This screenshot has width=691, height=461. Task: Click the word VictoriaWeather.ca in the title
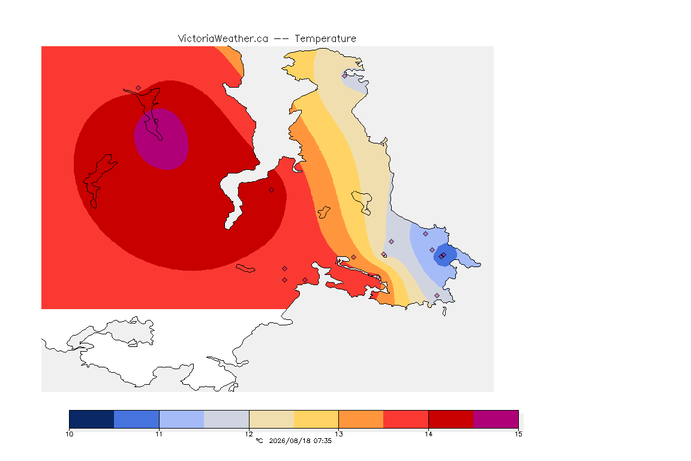click(x=223, y=39)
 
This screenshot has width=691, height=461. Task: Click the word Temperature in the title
click(x=325, y=39)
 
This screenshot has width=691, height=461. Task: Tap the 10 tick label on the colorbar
click(x=69, y=434)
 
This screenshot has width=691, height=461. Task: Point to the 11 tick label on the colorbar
click(x=159, y=434)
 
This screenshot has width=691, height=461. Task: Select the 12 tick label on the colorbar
click(x=249, y=434)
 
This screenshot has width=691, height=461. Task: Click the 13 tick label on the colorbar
click(x=338, y=434)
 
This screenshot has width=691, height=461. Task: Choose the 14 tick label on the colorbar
click(x=428, y=434)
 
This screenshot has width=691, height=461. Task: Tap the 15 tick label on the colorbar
click(x=518, y=434)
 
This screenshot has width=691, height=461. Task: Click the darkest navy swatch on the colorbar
click(x=92, y=419)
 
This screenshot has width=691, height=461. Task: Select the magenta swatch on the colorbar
click(x=496, y=419)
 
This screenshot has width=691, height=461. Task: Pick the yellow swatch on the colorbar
click(x=316, y=419)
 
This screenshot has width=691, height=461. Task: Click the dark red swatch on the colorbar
click(x=451, y=419)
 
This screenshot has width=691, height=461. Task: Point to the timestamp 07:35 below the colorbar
click(x=323, y=441)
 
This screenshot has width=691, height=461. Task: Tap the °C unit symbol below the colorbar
click(x=259, y=441)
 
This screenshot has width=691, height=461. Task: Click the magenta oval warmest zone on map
click(x=162, y=139)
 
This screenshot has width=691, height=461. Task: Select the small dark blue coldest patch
click(x=445, y=255)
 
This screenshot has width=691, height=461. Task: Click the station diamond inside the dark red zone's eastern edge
click(x=272, y=190)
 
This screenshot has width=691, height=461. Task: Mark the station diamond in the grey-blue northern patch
click(x=345, y=76)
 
